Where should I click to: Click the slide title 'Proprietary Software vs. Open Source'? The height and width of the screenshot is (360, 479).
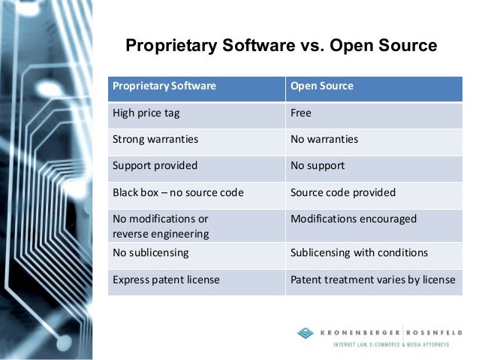pos(281,46)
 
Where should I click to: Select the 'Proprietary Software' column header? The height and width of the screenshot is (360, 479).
pos(164,86)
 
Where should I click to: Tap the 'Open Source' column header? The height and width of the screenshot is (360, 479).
pos(321,86)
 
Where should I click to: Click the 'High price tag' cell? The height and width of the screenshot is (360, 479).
pos(146,113)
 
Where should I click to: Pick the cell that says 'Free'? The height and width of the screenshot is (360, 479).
pos(300,113)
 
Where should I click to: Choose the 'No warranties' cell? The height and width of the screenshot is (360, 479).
pos(324,139)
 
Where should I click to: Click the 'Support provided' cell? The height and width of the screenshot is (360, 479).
pos(155,165)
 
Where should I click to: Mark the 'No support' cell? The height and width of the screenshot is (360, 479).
pos(317,165)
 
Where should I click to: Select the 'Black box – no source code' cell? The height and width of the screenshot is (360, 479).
pos(178,192)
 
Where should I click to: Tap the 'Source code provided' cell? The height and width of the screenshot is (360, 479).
pos(342,192)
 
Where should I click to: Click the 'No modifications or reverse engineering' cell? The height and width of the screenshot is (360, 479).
pos(161,226)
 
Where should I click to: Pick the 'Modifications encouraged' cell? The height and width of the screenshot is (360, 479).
pos(353,219)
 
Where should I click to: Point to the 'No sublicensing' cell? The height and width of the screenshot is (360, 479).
pos(150,253)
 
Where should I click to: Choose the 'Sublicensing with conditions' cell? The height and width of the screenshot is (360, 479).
pos(359,253)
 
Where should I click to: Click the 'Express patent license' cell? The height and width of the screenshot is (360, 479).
pos(166,280)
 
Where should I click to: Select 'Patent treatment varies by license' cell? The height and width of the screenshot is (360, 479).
pos(372,280)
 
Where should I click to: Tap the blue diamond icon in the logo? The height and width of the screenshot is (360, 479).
pos(306,333)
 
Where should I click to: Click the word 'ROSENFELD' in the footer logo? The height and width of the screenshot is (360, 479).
pos(435,332)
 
